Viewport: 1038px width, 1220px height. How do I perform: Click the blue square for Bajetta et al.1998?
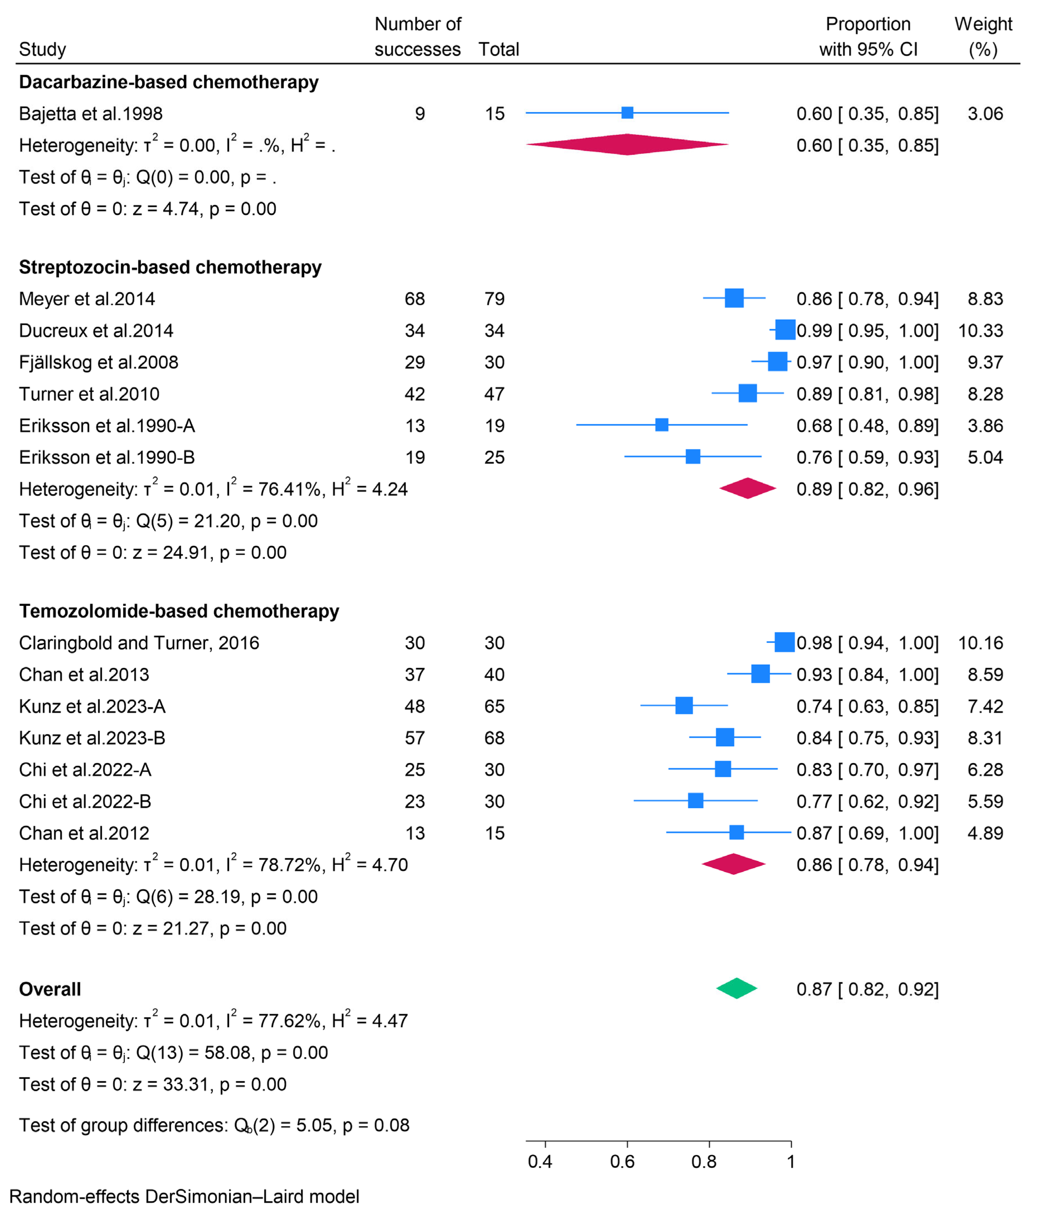pyautogui.click(x=627, y=113)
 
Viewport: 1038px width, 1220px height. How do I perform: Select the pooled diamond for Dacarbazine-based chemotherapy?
pyautogui.click(x=627, y=145)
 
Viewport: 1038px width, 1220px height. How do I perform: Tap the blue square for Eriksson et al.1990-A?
pyautogui.click(x=662, y=425)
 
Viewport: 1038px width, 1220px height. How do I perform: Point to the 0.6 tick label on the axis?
pyautogui.click(x=622, y=1162)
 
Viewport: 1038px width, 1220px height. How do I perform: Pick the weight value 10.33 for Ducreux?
pyautogui.click(x=980, y=330)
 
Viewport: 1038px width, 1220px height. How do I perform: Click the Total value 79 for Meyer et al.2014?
pyautogui.click(x=494, y=299)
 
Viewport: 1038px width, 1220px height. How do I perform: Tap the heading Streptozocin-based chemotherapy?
pyautogui.click(x=170, y=267)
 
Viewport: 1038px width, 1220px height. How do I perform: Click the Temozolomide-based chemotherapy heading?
pyautogui.click(x=179, y=611)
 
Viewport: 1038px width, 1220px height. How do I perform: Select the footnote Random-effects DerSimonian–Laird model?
pyautogui.click(x=184, y=1197)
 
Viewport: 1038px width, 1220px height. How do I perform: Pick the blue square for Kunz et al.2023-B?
pyautogui.click(x=725, y=737)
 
